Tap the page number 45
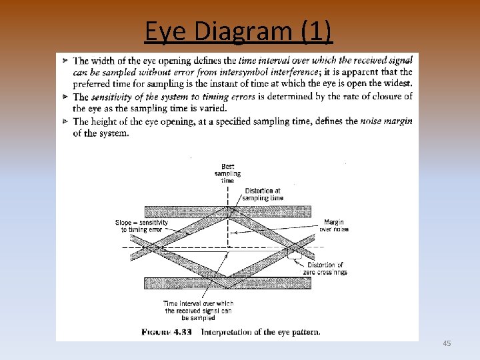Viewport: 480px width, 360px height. pos(447,343)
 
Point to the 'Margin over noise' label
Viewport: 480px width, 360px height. pos(334,225)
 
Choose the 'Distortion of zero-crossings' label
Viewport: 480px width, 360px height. pos(327,269)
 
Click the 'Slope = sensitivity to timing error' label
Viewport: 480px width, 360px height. pos(141,226)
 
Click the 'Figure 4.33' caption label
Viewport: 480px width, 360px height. pos(169,331)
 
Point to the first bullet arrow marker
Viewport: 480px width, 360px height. pos(65,61)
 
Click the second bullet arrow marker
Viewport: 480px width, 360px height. pos(65,97)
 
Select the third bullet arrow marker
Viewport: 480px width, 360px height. pos(65,121)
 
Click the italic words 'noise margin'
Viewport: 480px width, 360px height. pos(386,121)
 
